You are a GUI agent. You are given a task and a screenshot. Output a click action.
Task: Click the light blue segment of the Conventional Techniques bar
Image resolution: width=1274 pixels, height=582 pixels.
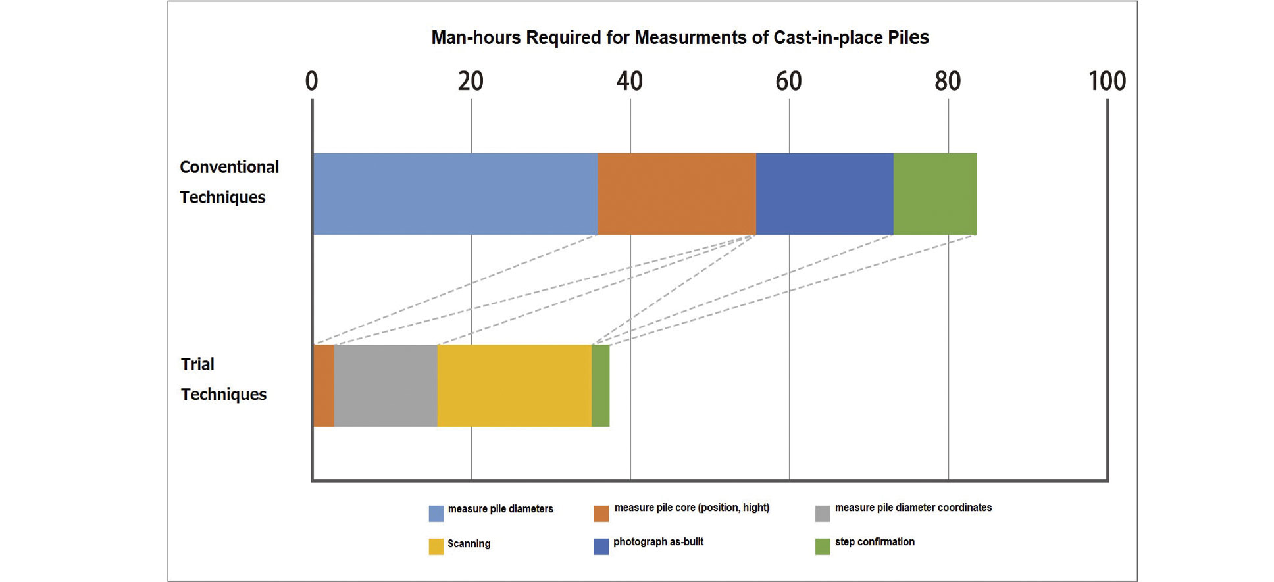click(455, 194)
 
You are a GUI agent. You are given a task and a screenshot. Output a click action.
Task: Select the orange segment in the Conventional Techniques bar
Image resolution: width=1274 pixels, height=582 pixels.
click(676, 194)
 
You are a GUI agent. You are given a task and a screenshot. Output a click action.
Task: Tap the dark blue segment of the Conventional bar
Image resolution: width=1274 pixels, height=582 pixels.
click(824, 194)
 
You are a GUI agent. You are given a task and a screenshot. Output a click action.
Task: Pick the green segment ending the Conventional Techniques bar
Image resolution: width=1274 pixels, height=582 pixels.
click(934, 194)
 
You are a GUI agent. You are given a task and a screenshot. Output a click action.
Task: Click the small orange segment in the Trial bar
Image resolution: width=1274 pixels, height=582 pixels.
click(323, 385)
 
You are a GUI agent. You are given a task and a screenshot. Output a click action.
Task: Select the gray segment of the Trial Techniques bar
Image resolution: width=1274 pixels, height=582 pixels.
click(386, 385)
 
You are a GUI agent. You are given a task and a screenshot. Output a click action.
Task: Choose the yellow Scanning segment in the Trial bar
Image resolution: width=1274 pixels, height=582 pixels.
click(514, 385)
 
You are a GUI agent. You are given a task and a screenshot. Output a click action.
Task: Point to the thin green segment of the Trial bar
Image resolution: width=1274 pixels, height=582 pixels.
click(600, 385)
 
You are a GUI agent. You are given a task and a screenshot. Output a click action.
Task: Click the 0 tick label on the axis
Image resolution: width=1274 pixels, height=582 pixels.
click(311, 82)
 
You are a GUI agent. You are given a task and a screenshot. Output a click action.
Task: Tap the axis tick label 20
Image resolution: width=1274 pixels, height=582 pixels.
click(471, 82)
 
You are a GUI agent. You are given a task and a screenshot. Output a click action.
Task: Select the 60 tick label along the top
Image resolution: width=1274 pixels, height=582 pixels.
click(788, 82)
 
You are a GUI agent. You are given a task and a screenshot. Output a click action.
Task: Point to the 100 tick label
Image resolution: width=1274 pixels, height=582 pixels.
click(1107, 82)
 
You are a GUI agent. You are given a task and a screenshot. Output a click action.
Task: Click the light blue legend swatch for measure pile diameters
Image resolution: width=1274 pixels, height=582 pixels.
click(436, 514)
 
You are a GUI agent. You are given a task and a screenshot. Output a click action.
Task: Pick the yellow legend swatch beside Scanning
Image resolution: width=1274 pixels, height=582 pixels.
click(436, 546)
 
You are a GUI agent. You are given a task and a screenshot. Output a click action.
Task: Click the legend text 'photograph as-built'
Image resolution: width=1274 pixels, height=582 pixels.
click(658, 542)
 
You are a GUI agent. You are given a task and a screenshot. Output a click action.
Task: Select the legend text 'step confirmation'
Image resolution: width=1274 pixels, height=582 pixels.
click(875, 542)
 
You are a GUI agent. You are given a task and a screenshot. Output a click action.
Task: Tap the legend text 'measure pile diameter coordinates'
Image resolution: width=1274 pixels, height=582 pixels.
click(913, 508)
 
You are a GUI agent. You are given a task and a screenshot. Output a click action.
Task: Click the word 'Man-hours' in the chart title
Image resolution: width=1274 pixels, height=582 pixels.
click(476, 37)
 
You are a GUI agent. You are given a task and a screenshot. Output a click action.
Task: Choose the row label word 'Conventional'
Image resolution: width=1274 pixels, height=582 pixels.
click(229, 167)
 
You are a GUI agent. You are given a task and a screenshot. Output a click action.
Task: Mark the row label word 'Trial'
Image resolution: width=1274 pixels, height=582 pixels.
click(197, 364)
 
